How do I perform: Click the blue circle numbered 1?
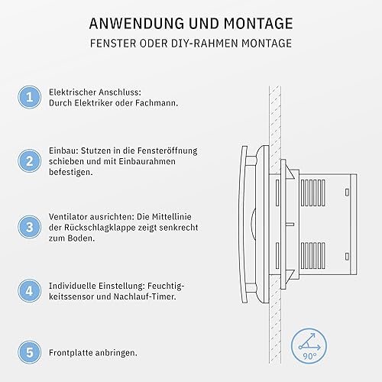coord(30,97)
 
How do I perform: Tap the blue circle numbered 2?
coord(30,161)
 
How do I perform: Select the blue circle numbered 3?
coord(30,227)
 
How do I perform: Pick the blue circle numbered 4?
coord(30,291)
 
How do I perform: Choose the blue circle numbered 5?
coord(30,352)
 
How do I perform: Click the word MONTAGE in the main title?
coord(258,24)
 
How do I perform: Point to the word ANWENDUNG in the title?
coord(137,24)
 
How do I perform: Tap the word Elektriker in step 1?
coord(93,103)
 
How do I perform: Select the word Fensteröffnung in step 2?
coord(167,151)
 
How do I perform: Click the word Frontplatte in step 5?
coord(71,353)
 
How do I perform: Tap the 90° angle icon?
coord(309,346)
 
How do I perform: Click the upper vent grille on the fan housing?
coord(313,193)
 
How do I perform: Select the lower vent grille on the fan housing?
coord(313,255)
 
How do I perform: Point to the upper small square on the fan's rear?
coord(347,193)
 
